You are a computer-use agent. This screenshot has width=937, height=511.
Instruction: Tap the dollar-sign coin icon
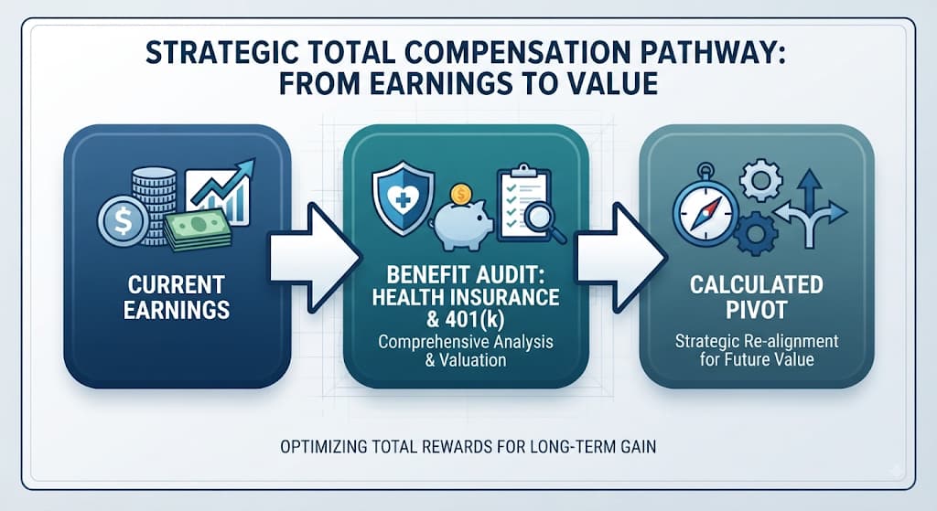coord(124,221)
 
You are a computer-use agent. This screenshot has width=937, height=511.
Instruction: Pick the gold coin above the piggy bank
coord(461,194)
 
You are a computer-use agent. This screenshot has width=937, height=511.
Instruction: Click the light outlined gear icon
coord(760,179)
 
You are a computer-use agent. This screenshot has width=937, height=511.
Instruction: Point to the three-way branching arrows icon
coord(811,209)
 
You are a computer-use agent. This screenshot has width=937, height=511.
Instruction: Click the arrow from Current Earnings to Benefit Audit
coord(315,258)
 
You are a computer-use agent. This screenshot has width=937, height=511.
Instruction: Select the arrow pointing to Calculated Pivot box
coord(619,258)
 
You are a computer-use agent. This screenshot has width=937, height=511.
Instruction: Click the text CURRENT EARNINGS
coord(177,297)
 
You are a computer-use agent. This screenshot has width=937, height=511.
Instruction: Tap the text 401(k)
coord(475,320)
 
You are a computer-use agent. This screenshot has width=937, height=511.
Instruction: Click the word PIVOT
coord(757,310)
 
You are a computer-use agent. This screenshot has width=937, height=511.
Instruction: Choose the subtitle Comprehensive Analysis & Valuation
coord(466,351)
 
